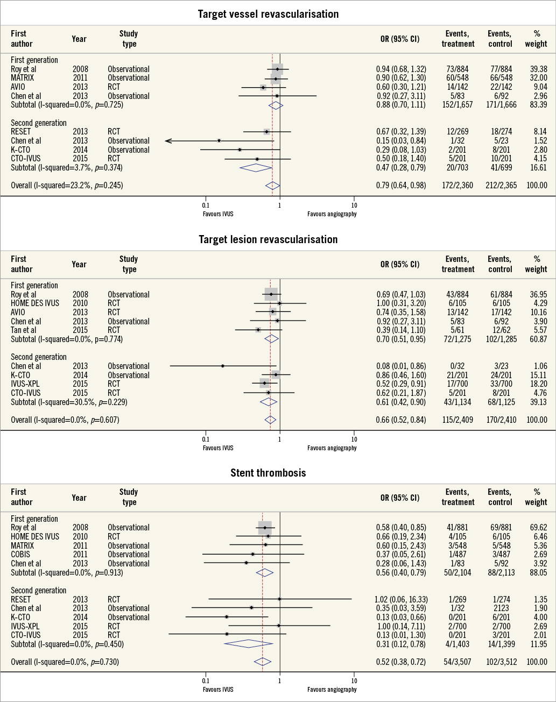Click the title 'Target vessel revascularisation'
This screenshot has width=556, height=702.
point(268,13)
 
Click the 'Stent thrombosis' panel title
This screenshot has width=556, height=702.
point(268,473)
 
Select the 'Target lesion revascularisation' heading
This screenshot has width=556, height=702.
point(268,239)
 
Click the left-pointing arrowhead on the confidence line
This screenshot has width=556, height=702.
point(168,141)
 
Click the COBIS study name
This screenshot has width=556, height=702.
point(20,555)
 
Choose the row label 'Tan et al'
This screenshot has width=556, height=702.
point(24,330)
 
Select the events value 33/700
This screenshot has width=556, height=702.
point(500,384)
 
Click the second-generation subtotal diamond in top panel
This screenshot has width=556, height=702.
point(256,168)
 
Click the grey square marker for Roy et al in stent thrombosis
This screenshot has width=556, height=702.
point(265,528)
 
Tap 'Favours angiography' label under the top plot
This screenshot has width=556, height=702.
point(332,214)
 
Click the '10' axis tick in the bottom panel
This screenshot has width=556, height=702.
point(354,680)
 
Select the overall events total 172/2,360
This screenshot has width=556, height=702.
point(458,186)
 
